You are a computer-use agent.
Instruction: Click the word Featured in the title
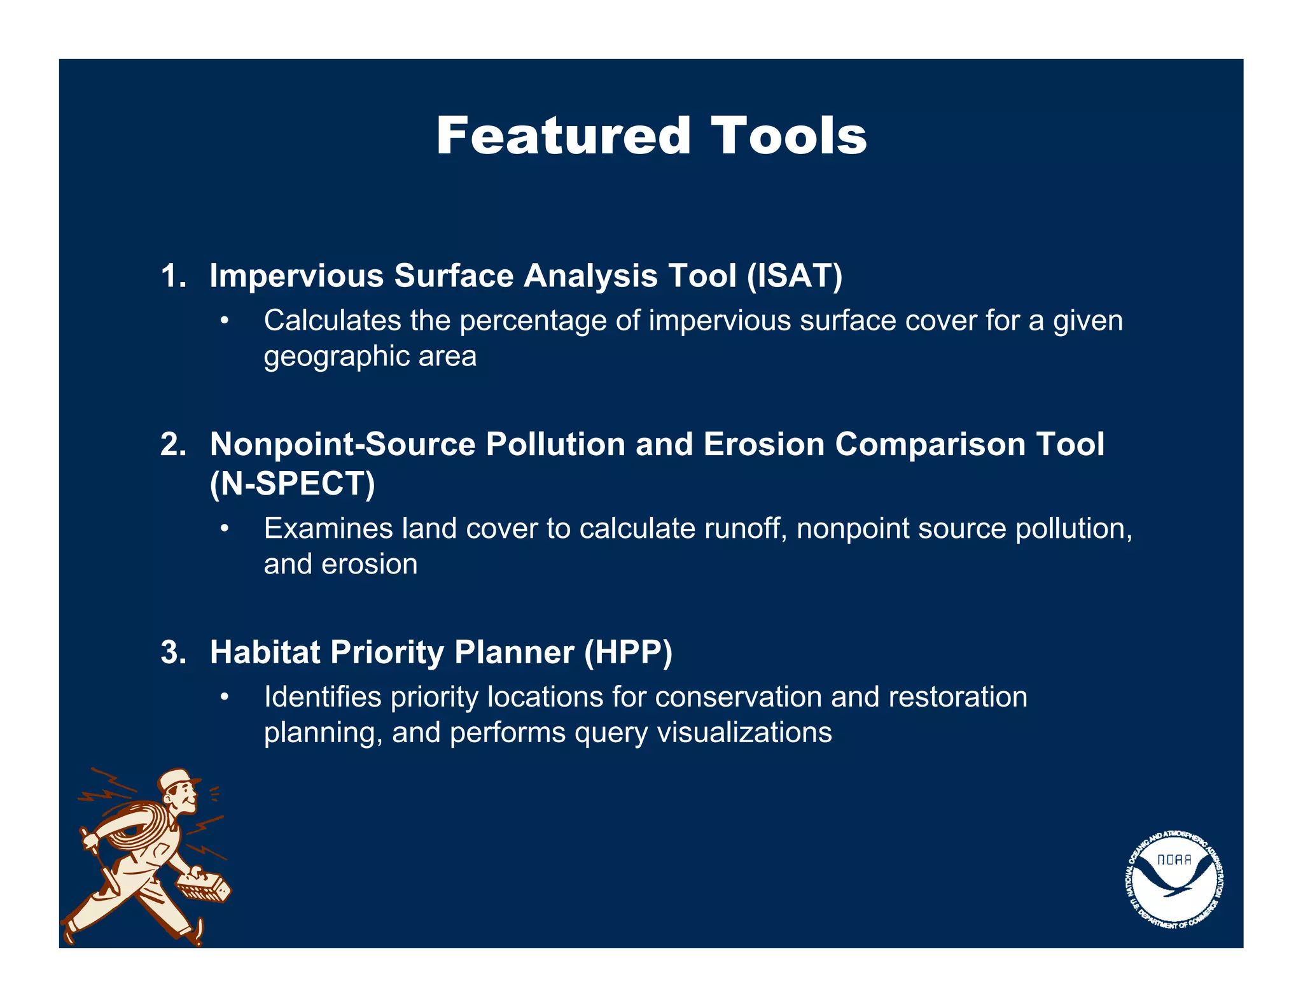pyautogui.click(x=563, y=136)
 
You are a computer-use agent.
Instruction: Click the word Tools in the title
pyautogui.click(x=788, y=136)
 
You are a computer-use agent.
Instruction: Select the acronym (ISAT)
pyautogui.click(x=795, y=276)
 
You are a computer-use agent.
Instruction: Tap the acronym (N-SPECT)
pyautogui.click(x=293, y=484)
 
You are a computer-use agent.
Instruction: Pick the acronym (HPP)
pyautogui.click(x=628, y=653)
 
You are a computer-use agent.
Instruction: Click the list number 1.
pyautogui.click(x=172, y=276)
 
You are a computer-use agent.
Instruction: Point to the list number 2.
pyautogui.click(x=172, y=444)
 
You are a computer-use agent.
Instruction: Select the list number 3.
pyautogui.click(x=172, y=653)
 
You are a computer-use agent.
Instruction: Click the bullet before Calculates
pyautogui.click(x=224, y=321)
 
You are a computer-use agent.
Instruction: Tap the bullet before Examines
pyautogui.click(x=224, y=529)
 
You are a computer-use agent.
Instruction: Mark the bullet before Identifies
pyautogui.click(x=224, y=697)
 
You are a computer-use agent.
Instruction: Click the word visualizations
pyautogui.click(x=744, y=733)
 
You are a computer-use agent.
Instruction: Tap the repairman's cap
pyautogui.click(x=178, y=778)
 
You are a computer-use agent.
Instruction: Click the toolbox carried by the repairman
pyautogui.click(x=204, y=885)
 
